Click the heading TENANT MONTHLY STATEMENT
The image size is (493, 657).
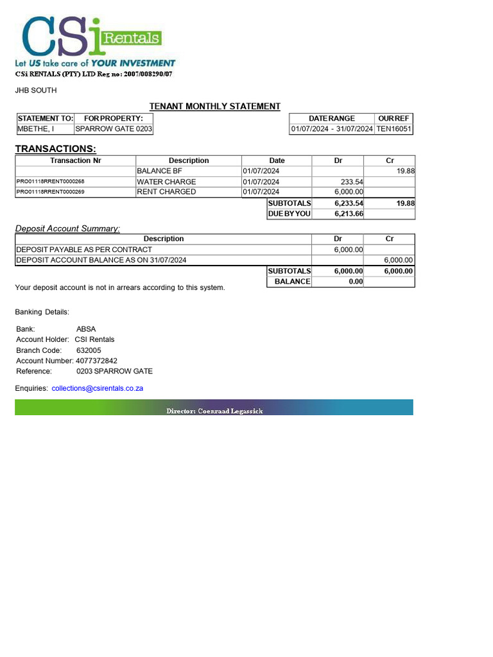[x=214, y=107]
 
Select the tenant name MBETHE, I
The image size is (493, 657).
[x=35, y=129]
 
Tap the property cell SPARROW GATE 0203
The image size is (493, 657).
[x=114, y=129]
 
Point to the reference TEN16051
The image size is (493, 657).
[x=394, y=129]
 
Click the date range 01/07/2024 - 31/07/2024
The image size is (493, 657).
[x=331, y=129]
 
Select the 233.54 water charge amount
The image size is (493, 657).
[x=352, y=182]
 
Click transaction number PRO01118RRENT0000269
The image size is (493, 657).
[x=50, y=192]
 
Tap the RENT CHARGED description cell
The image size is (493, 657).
[x=166, y=192]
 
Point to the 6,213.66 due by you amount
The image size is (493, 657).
[x=349, y=214]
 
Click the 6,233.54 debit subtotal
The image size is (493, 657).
[x=349, y=203]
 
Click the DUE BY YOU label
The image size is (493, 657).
[x=289, y=214]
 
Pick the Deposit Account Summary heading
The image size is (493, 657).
[x=67, y=228]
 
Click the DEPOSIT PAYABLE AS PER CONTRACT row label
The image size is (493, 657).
[x=84, y=250]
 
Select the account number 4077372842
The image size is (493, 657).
[x=96, y=361]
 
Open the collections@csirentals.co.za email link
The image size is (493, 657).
[x=97, y=388]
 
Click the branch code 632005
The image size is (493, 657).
[x=89, y=350]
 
